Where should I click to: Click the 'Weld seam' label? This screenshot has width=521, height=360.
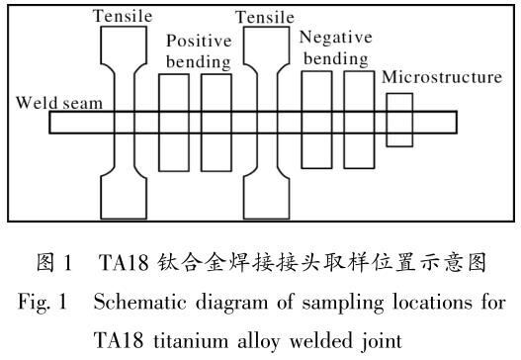(59, 103)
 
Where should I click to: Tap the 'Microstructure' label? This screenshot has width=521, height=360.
(442, 77)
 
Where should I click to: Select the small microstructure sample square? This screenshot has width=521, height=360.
(387, 120)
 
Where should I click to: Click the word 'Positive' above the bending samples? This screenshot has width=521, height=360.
(199, 41)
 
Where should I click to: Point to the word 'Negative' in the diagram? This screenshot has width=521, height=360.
(335, 38)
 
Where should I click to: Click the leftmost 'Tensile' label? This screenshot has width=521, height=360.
(123, 16)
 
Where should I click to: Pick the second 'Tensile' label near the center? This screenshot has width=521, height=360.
(265, 17)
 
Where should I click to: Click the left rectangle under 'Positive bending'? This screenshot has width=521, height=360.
(159, 123)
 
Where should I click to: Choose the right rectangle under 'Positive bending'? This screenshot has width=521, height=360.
(202, 123)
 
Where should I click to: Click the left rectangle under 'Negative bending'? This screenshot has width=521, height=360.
(302, 120)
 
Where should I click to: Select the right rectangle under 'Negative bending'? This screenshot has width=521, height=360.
(344, 120)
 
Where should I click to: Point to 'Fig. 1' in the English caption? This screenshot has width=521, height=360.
(43, 302)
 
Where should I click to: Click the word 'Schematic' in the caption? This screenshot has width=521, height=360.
(139, 302)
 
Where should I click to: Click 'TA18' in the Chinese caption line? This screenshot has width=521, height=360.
(124, 262)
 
